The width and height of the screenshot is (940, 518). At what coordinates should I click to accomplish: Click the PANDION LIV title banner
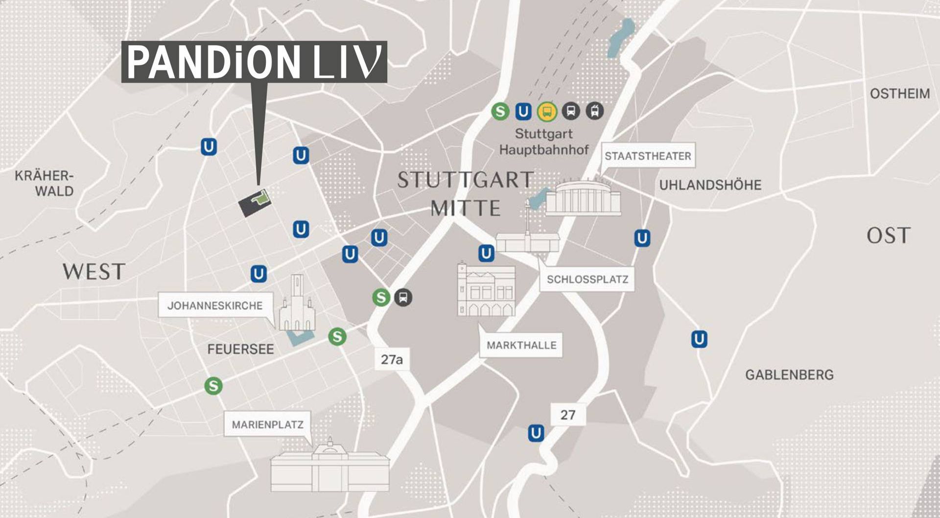254,62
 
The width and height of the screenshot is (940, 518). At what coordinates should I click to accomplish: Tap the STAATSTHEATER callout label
648,156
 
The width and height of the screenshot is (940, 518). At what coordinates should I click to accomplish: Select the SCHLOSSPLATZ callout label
587,280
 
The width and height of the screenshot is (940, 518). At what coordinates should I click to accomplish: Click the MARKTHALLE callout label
521,345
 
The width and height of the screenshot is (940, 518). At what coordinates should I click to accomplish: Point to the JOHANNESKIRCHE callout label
215,306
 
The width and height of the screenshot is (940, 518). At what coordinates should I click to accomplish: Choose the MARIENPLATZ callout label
267,424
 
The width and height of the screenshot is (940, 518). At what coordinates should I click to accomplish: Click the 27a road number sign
392,359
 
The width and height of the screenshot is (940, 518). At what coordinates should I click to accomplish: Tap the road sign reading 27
567,415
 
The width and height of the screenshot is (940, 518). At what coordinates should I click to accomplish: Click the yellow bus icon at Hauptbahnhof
547,112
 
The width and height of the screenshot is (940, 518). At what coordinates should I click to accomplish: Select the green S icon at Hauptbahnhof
500,112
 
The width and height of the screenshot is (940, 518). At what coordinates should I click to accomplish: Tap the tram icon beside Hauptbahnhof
594,111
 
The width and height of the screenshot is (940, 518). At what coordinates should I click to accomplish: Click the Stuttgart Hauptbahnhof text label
543,141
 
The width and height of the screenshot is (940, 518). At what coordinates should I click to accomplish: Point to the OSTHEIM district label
899,94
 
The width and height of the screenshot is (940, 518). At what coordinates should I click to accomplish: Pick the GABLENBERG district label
789,375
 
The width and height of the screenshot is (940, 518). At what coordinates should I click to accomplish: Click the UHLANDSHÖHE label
710,185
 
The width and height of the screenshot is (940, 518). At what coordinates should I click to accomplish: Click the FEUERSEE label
240,349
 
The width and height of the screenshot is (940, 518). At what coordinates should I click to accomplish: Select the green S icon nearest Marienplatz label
213,386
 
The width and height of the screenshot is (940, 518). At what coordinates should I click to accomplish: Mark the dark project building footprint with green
254,202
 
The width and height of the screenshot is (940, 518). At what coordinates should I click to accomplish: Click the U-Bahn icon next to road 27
536,433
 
